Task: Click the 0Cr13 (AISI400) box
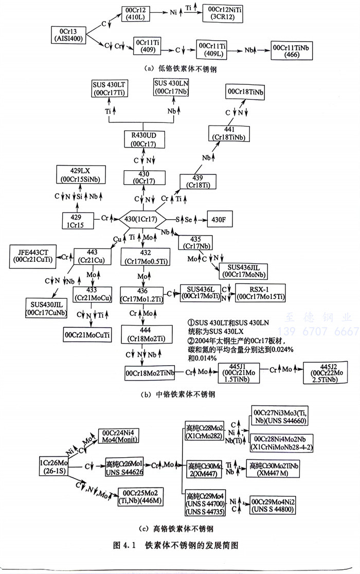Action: coord(68,34)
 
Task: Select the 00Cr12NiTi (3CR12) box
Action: coord(225,12)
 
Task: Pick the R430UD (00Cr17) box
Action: coord(144,139)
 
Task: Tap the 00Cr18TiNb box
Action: coord(245,92)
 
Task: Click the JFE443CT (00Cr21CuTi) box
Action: coord(33,256)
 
